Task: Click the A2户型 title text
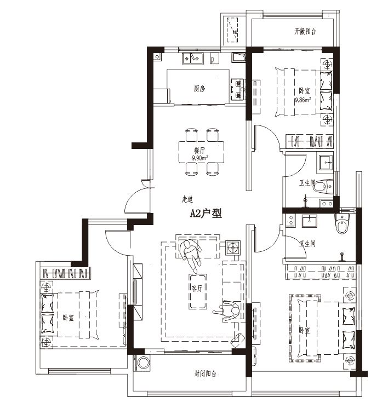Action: point(206,214)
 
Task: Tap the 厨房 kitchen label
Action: point(199,89)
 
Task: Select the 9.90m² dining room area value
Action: point(199,158)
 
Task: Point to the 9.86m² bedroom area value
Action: point(303,100)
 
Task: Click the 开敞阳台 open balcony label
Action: point(305,32)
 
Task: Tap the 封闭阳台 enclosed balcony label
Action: point(205,374)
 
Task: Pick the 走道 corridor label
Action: point(187,199)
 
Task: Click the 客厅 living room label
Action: point(197,288)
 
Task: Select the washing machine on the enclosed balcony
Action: point(142,362)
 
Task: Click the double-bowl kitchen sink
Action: point(193,59)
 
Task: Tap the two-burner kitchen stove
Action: point(238,89)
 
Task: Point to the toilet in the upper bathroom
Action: point(323,187)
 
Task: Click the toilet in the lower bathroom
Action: point(342,224)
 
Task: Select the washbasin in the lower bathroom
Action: point(310,221)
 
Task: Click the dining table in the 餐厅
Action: point(201,152)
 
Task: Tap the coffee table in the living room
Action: point(198,291)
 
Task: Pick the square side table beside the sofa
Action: point(232,247)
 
